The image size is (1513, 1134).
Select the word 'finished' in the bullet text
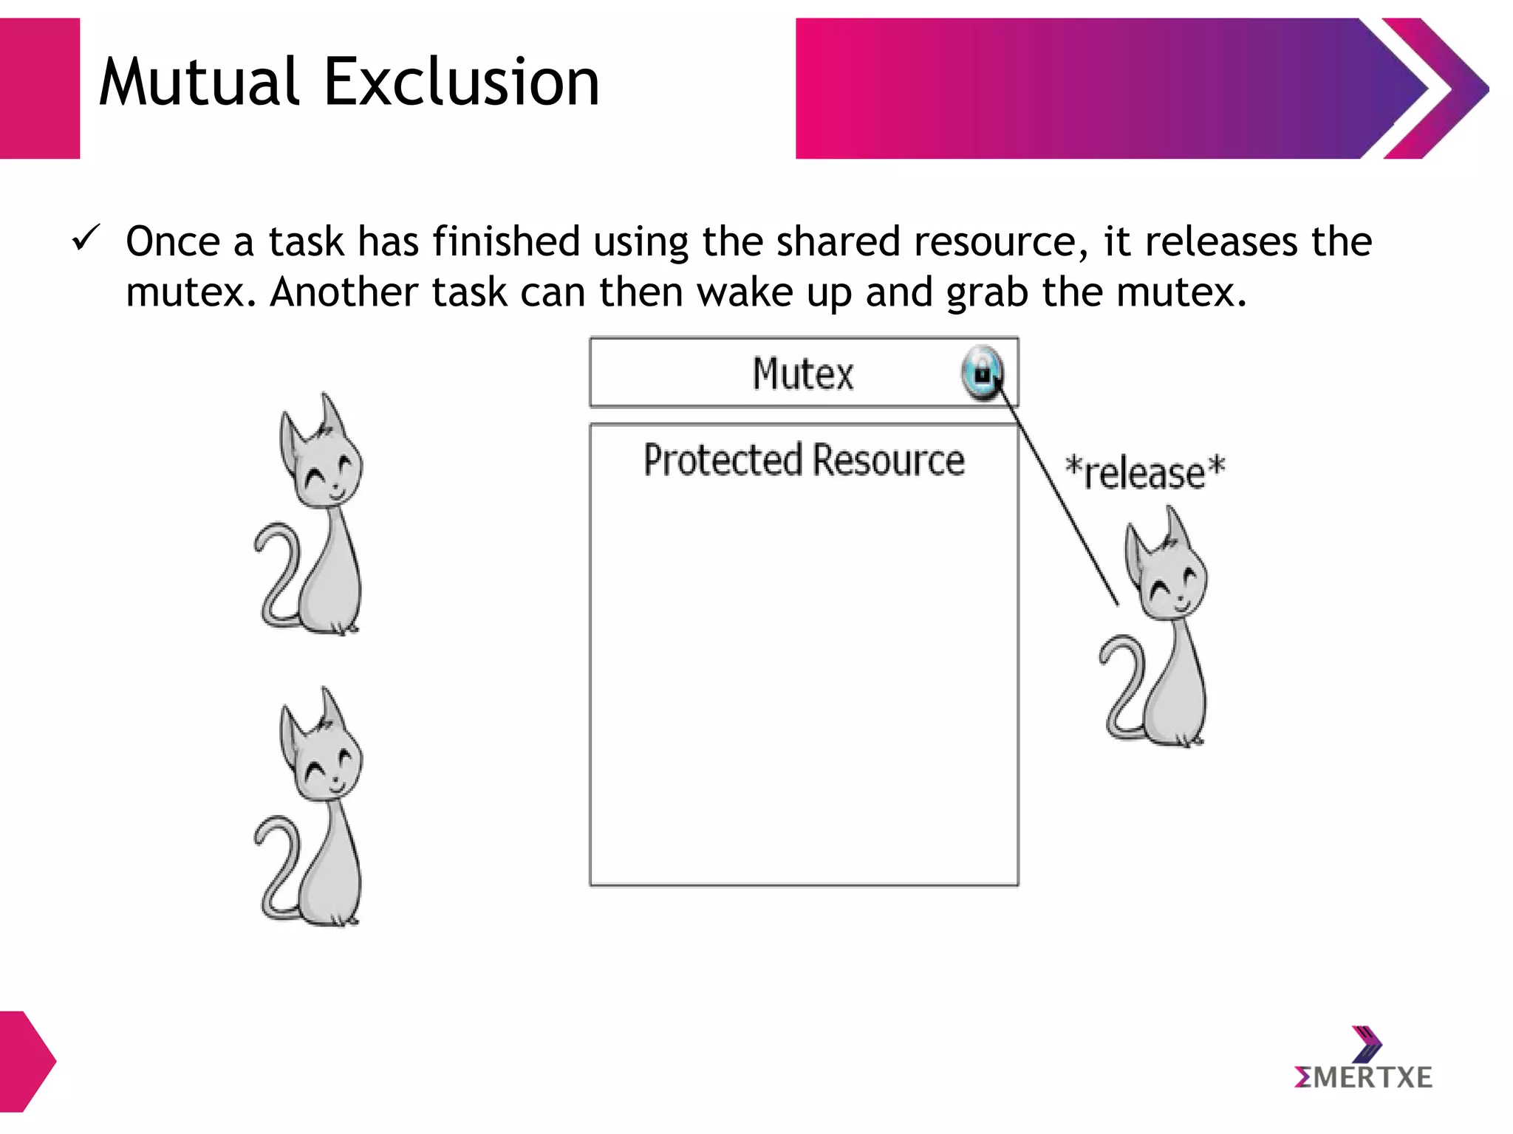pyautogui.click(x=506, y=241)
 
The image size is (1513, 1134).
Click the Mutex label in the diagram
pyautogui.click(x=803, y=374)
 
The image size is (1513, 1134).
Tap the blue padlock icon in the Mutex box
pyautogui.click(x=983, y=374)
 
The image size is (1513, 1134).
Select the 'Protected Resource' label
pyautogui.click(x=804, y=460)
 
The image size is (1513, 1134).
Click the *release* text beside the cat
pyautogui.click(x=1144, y=472)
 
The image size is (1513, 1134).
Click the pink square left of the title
pyautogui.click(x=39, y=89)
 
